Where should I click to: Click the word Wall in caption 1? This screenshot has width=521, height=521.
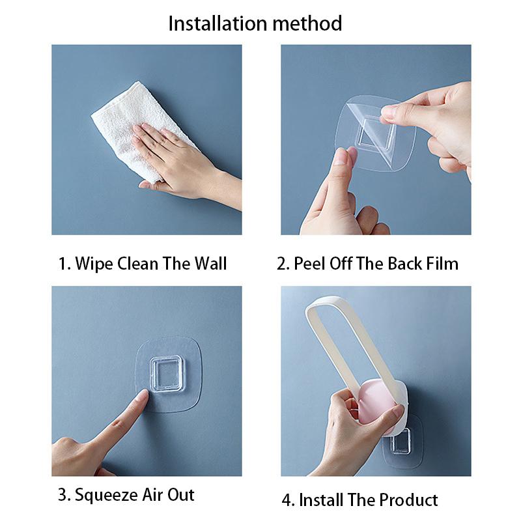[x=210, y=264]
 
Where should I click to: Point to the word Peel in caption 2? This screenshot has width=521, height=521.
[x=309, y=264]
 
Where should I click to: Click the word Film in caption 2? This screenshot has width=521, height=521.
[x=442, y=264]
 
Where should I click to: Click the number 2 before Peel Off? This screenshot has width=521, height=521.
[x=281, y=264]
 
